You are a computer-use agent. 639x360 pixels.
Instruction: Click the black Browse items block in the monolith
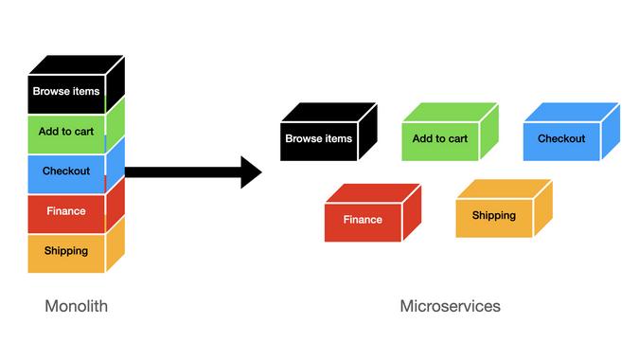coord(66,93)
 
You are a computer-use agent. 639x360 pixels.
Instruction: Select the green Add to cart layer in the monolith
coord(66,132)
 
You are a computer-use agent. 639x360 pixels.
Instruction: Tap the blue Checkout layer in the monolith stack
coord(66,171)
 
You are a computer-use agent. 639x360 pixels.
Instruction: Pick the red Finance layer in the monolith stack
coord(66,211)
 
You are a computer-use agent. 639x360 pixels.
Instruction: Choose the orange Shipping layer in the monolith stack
coord(66,251)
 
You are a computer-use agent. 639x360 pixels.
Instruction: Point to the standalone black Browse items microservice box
coord(319,139)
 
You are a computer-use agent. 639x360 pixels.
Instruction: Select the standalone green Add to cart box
coord(440,139)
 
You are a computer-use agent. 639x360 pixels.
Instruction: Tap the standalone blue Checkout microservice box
coord(561,139)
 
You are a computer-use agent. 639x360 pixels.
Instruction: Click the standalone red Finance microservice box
coord(363,220)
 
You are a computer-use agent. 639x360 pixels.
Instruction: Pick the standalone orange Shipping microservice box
coord(494,216)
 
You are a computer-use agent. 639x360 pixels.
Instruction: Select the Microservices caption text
coord(450,306)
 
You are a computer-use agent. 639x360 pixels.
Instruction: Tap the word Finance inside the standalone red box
coord(363,220)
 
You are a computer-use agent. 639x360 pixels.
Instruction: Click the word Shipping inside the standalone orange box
coord(494,216)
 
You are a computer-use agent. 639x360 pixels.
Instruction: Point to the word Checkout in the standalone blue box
coord(561,139)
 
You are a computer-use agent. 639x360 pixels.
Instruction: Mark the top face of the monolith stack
coord(76,63)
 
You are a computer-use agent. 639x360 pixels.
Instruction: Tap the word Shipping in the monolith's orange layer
coord(66,251)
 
